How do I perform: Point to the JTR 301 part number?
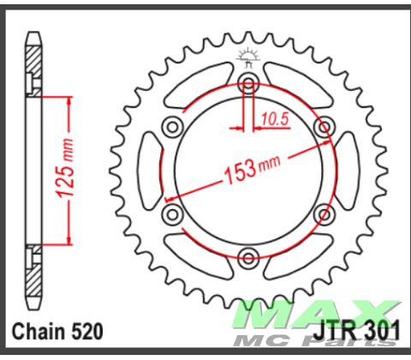360,330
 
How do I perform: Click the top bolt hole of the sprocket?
248,83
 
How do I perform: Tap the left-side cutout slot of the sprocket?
147,169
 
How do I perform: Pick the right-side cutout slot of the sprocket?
349,169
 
